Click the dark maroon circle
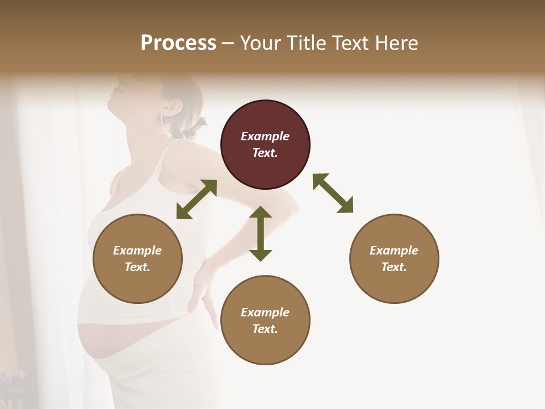pyautogui.click(x=265, y=145)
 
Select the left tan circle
pyautogui.click(x=137, y=258)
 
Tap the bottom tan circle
pyautogui.click(x=265, y=320)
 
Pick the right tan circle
pyautogui.click(x=394, y=258)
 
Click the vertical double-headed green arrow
pyautogui.click(x=261, y=233)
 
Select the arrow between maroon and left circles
pyautogui.click(x=196, y=199)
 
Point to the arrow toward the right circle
pyautogui.click(x=333, y=193)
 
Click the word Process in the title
pyautogui.click(x=178, y=43)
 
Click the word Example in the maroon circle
pyautogui.click(x=265, y=136)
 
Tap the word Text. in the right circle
pyautogui.click(x=394, y=267)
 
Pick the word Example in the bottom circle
pyautogui.click(x=265, y=312)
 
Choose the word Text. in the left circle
pyautogui.click(x=137, y=267)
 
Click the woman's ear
pyautogui.click(x=175, y=106)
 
